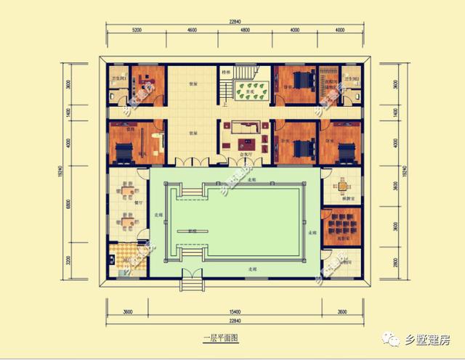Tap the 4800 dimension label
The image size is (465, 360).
tap(245, 30)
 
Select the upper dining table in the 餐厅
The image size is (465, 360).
tap(128, 192)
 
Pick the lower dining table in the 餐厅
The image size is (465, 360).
tap(128, 221)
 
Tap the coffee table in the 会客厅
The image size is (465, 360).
tap(246, 134)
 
